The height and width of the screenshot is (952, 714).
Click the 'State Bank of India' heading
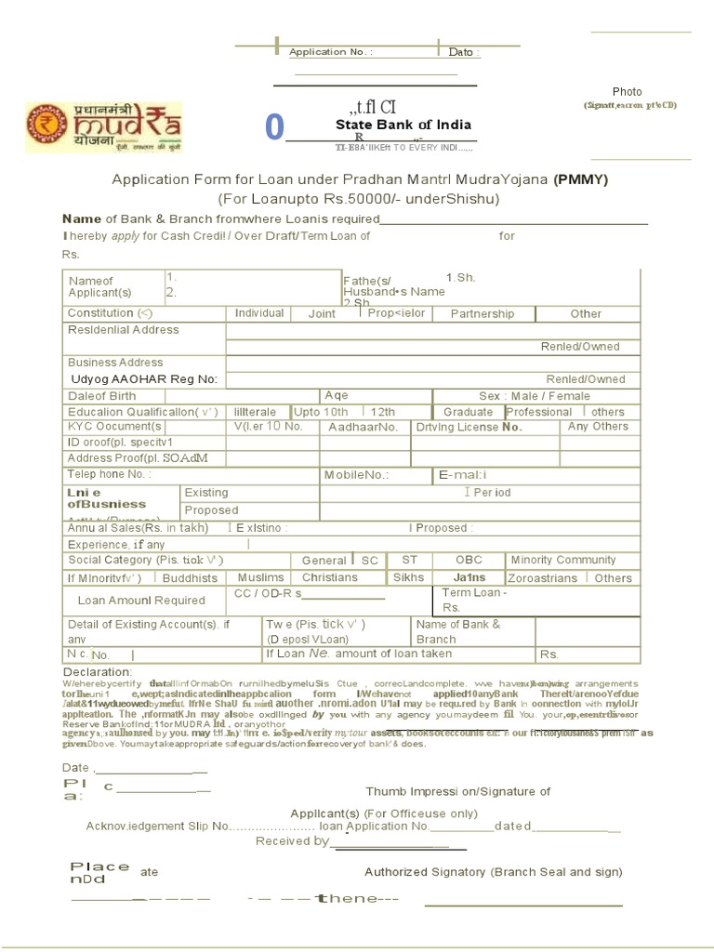pyautogui.click(x=403, y=125)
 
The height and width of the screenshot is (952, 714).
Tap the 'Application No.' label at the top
pyautogui.click(x=331, y=52)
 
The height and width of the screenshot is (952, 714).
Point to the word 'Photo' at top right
pyautogui.click(x=627, y=92)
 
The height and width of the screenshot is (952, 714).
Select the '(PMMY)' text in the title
pyautogui.click(x=581, y=180)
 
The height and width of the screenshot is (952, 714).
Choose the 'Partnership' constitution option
pyautogui.click(x=482, y=313)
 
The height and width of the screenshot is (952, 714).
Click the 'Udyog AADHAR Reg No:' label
pyautogui.click(x=144, y=379)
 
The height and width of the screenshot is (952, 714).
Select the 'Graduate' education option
pyautogui.click(x=468, y=412)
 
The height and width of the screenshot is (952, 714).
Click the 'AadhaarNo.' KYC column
pyautogui.click(x=364, y=427)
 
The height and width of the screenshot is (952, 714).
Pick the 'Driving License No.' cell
pyautogui.click(x=469, y=427)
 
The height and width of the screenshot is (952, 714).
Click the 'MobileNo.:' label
pyautogui.click(x=356, y=475)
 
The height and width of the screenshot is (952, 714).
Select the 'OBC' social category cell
pyautogui.click(x=469, y=560)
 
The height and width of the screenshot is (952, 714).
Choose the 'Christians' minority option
pyautogui.click(x=330, y=577)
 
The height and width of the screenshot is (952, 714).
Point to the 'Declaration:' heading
pyautogui.click(x=98, y=672)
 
